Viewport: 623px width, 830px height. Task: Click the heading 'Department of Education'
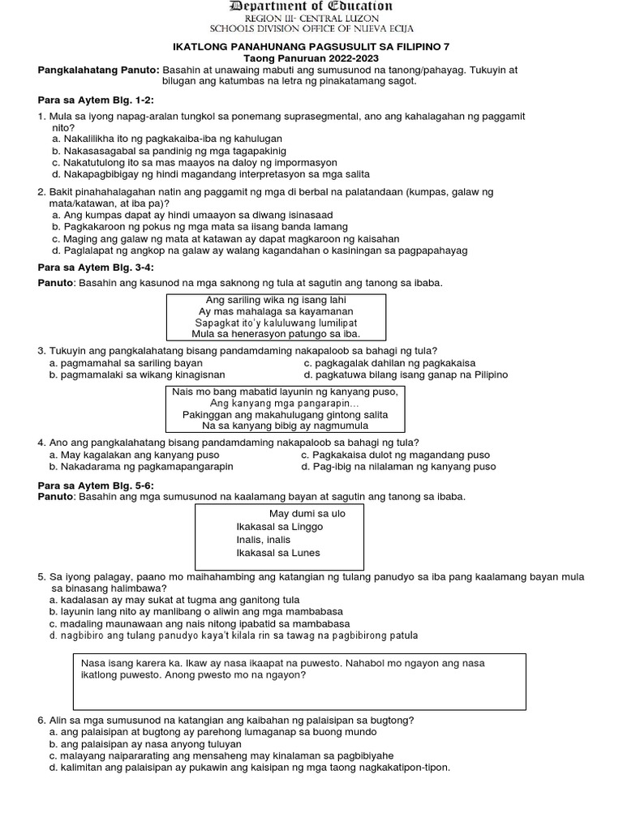(311, 6)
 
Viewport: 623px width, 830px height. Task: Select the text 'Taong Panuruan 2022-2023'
(311, 59)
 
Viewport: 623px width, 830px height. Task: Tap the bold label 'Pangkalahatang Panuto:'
(100, 70)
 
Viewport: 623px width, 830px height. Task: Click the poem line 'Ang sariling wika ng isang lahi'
(276, 300)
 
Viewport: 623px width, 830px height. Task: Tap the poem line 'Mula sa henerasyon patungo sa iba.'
(276, 333)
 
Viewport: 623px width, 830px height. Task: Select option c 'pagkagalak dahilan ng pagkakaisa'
(388, 363)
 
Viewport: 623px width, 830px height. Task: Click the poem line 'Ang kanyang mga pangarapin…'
(284, 403)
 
